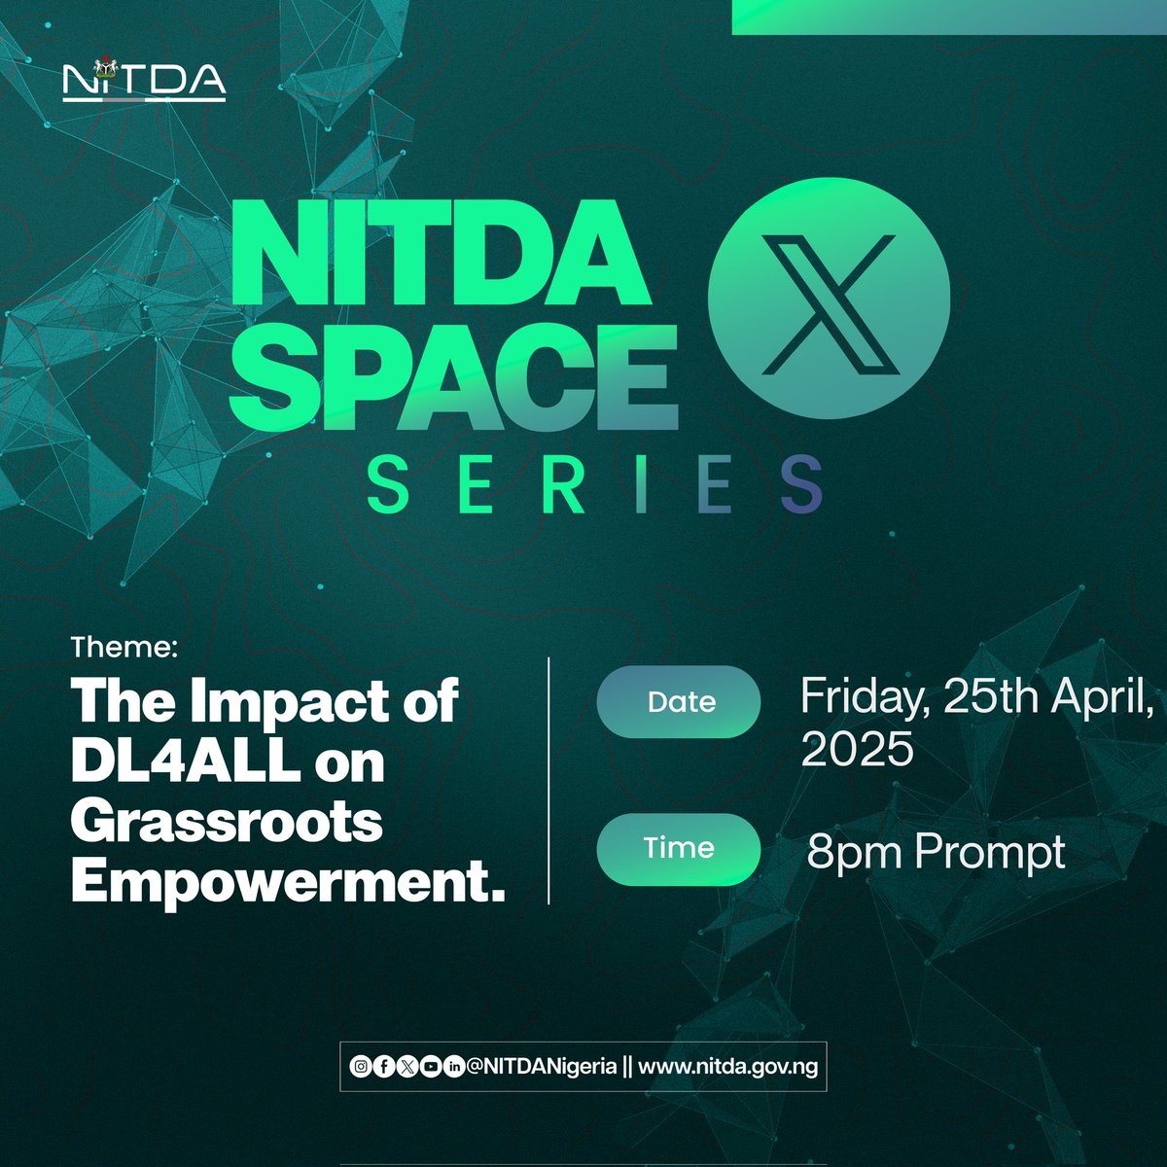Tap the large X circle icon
click(829, 299)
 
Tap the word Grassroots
click(227, 824)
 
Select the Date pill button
click(679, 702)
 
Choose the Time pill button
click(679, 848)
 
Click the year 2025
click(857, 750)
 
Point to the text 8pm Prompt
click(936, 853)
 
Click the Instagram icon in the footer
click(360, 1067)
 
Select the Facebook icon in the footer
click(383, 1067)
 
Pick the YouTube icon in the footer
click(430, 1067)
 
